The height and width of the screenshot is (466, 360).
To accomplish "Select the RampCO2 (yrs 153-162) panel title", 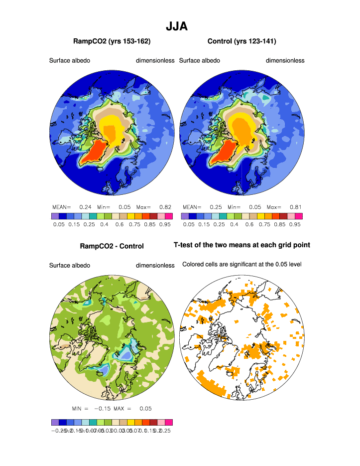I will [112, 41].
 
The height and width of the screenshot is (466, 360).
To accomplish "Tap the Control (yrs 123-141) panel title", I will [241, 41].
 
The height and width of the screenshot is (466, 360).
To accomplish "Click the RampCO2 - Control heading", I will [112, 246].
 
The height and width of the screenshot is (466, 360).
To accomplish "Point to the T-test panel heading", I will [241, 245].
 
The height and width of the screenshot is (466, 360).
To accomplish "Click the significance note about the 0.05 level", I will [241, 264].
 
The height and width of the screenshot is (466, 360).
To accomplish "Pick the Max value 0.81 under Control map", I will [295, 206].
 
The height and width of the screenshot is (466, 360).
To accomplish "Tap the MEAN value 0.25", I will [215, 206].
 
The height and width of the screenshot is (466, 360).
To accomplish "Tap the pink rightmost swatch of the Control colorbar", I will [299, 216].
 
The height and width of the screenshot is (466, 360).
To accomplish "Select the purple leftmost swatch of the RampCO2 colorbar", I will [55, 216].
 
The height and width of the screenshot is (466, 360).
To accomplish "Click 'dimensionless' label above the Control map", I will [285, 61].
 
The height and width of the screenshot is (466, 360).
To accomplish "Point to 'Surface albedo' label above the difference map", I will [69, 266].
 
